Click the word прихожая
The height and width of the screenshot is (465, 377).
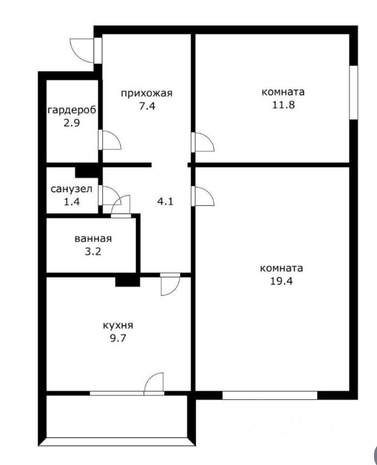click(x=146, y=93)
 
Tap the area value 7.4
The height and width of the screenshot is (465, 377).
click(x=146, y=105)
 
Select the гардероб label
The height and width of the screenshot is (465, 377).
click(x=71, y=110)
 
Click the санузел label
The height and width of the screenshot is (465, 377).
click(x=71, y=189)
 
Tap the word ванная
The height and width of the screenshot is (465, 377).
click(x=93, y=238)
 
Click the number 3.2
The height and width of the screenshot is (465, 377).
click(x=93, y=251)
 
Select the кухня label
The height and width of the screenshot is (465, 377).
click(x=118, y=326)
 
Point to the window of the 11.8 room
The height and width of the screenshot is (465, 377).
click(x=353, y=92)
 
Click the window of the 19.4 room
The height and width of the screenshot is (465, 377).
click(x=270, y=395)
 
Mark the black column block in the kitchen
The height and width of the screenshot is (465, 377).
click(x=128, y=281)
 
